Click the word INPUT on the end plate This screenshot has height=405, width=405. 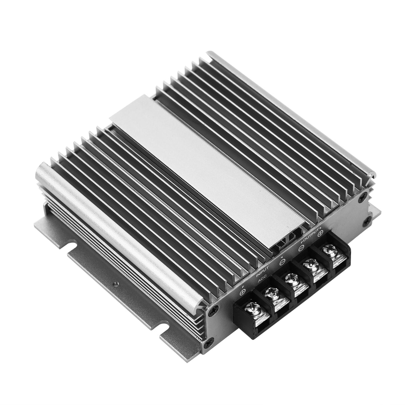pos(263,272)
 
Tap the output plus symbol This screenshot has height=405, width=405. pos(321,232)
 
